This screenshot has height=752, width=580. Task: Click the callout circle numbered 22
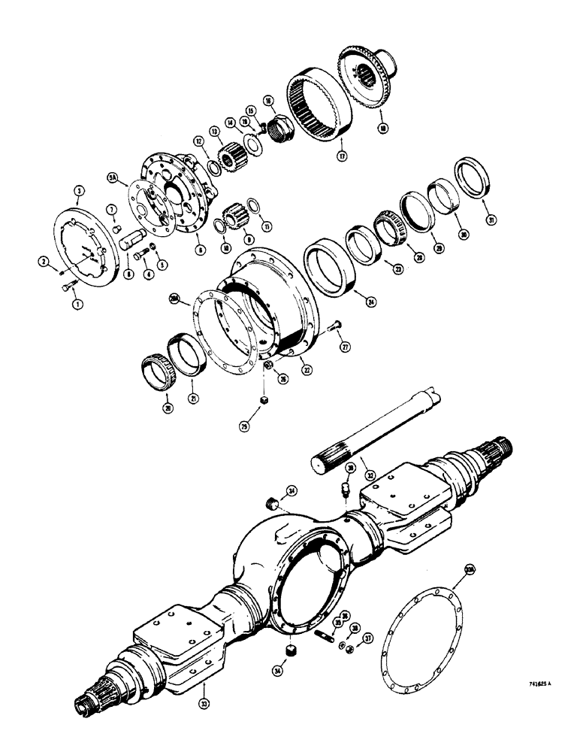tap(304, 368)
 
